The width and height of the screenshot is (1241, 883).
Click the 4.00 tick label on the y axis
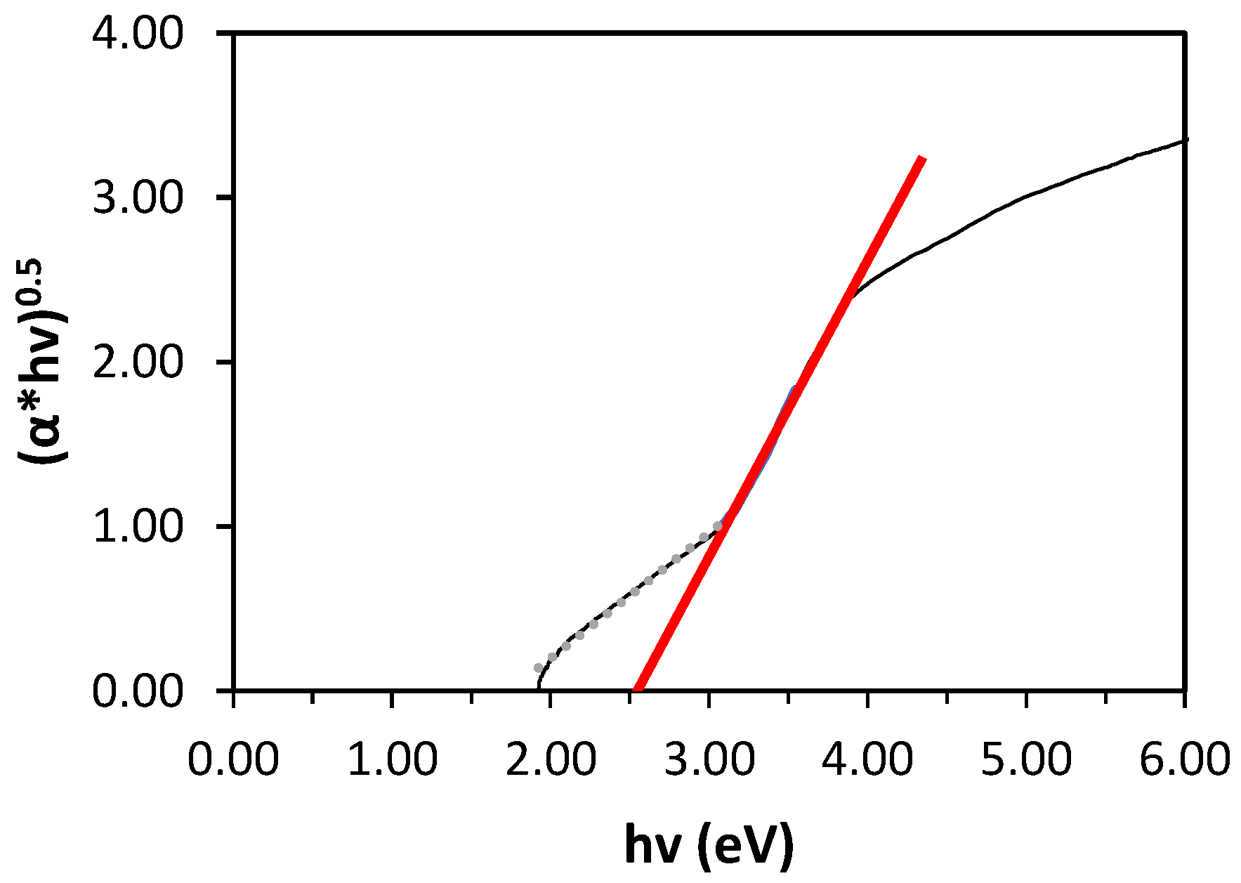(x=138, y=34)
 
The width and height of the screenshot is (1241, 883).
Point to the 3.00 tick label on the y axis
(x=138, y=198)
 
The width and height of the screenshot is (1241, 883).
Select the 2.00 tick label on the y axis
(x=138, y=362)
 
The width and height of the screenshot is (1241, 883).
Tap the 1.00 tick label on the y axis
(x=138, y=527)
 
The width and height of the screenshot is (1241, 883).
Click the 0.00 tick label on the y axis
(x=138, y=691)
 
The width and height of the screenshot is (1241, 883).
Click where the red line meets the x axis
(x=638, y=690)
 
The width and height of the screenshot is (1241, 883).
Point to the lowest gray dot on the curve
(x=539, y=668)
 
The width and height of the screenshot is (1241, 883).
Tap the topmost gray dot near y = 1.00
(x=717, y=525)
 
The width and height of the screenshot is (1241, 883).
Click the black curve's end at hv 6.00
(x=1185, y=140)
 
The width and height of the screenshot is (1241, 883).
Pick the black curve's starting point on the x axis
(x=538, y=689)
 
